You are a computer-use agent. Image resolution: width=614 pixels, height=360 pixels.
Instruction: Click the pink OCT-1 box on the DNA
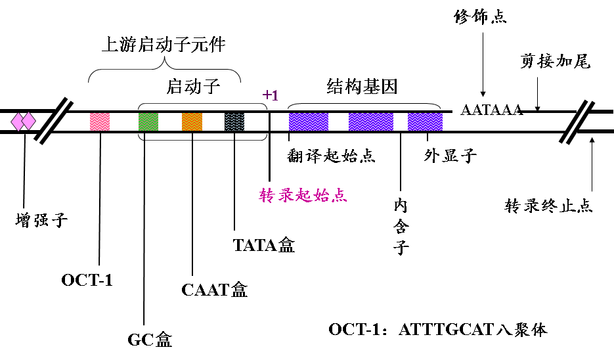pyautogui.click(x=100, y=121)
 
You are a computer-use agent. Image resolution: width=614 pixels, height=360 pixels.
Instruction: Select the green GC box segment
pyautogui.click(x=148, y=121)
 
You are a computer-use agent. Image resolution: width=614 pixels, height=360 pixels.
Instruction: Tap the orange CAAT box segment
pyautogui.click(x=192, y=121)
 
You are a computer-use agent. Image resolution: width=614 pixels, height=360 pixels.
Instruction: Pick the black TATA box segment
pyautogui.click(x=234, y=121)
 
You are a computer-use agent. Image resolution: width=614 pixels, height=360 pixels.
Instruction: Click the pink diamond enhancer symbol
pyautogui.click(x=23, y=121)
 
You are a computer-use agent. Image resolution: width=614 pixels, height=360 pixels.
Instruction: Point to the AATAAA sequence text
pyautogui.click(x=492, y=110)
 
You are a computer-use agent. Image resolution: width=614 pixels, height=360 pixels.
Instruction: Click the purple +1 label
pyautogui.click(x=270, y=95)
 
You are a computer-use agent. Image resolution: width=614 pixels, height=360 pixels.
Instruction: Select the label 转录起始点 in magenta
pyautogui.click(x=303, y=195)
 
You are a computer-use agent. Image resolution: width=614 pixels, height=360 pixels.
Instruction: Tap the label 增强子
pyautogui.click(x=41, y=219)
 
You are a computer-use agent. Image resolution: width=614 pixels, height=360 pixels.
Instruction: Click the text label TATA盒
pyautogui.click(x=264, y=245)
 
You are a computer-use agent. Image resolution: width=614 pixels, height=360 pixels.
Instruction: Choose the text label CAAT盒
pyautogui.click(x=215, y=290)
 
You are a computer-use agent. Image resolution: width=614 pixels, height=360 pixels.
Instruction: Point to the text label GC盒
pyautogui.click(x=150, y=339)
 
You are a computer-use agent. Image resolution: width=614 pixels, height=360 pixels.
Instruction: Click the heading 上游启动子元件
pyautogui.click(x=164, y=45)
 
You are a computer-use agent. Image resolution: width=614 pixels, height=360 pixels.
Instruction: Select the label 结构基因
pyautogui.click(x=362, y=86)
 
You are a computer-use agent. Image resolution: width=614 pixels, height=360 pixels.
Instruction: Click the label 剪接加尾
pyautogui.click(x=556, y=61)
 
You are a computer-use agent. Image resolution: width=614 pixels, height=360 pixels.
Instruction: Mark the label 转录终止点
pyautogui.click(x=549, y=206)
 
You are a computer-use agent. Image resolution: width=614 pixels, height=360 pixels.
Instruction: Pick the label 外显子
pyautogui.click(x=450, y=156)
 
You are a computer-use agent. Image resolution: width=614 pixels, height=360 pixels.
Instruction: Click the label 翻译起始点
pyautogui.click(x=332, y=156)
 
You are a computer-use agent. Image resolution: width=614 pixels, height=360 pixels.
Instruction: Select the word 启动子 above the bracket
pyautogui.click(x=193, y=86)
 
